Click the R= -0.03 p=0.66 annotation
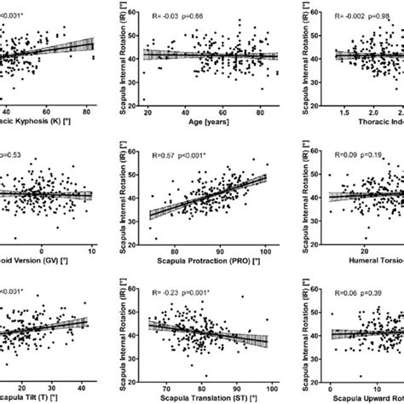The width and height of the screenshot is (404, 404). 177,15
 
